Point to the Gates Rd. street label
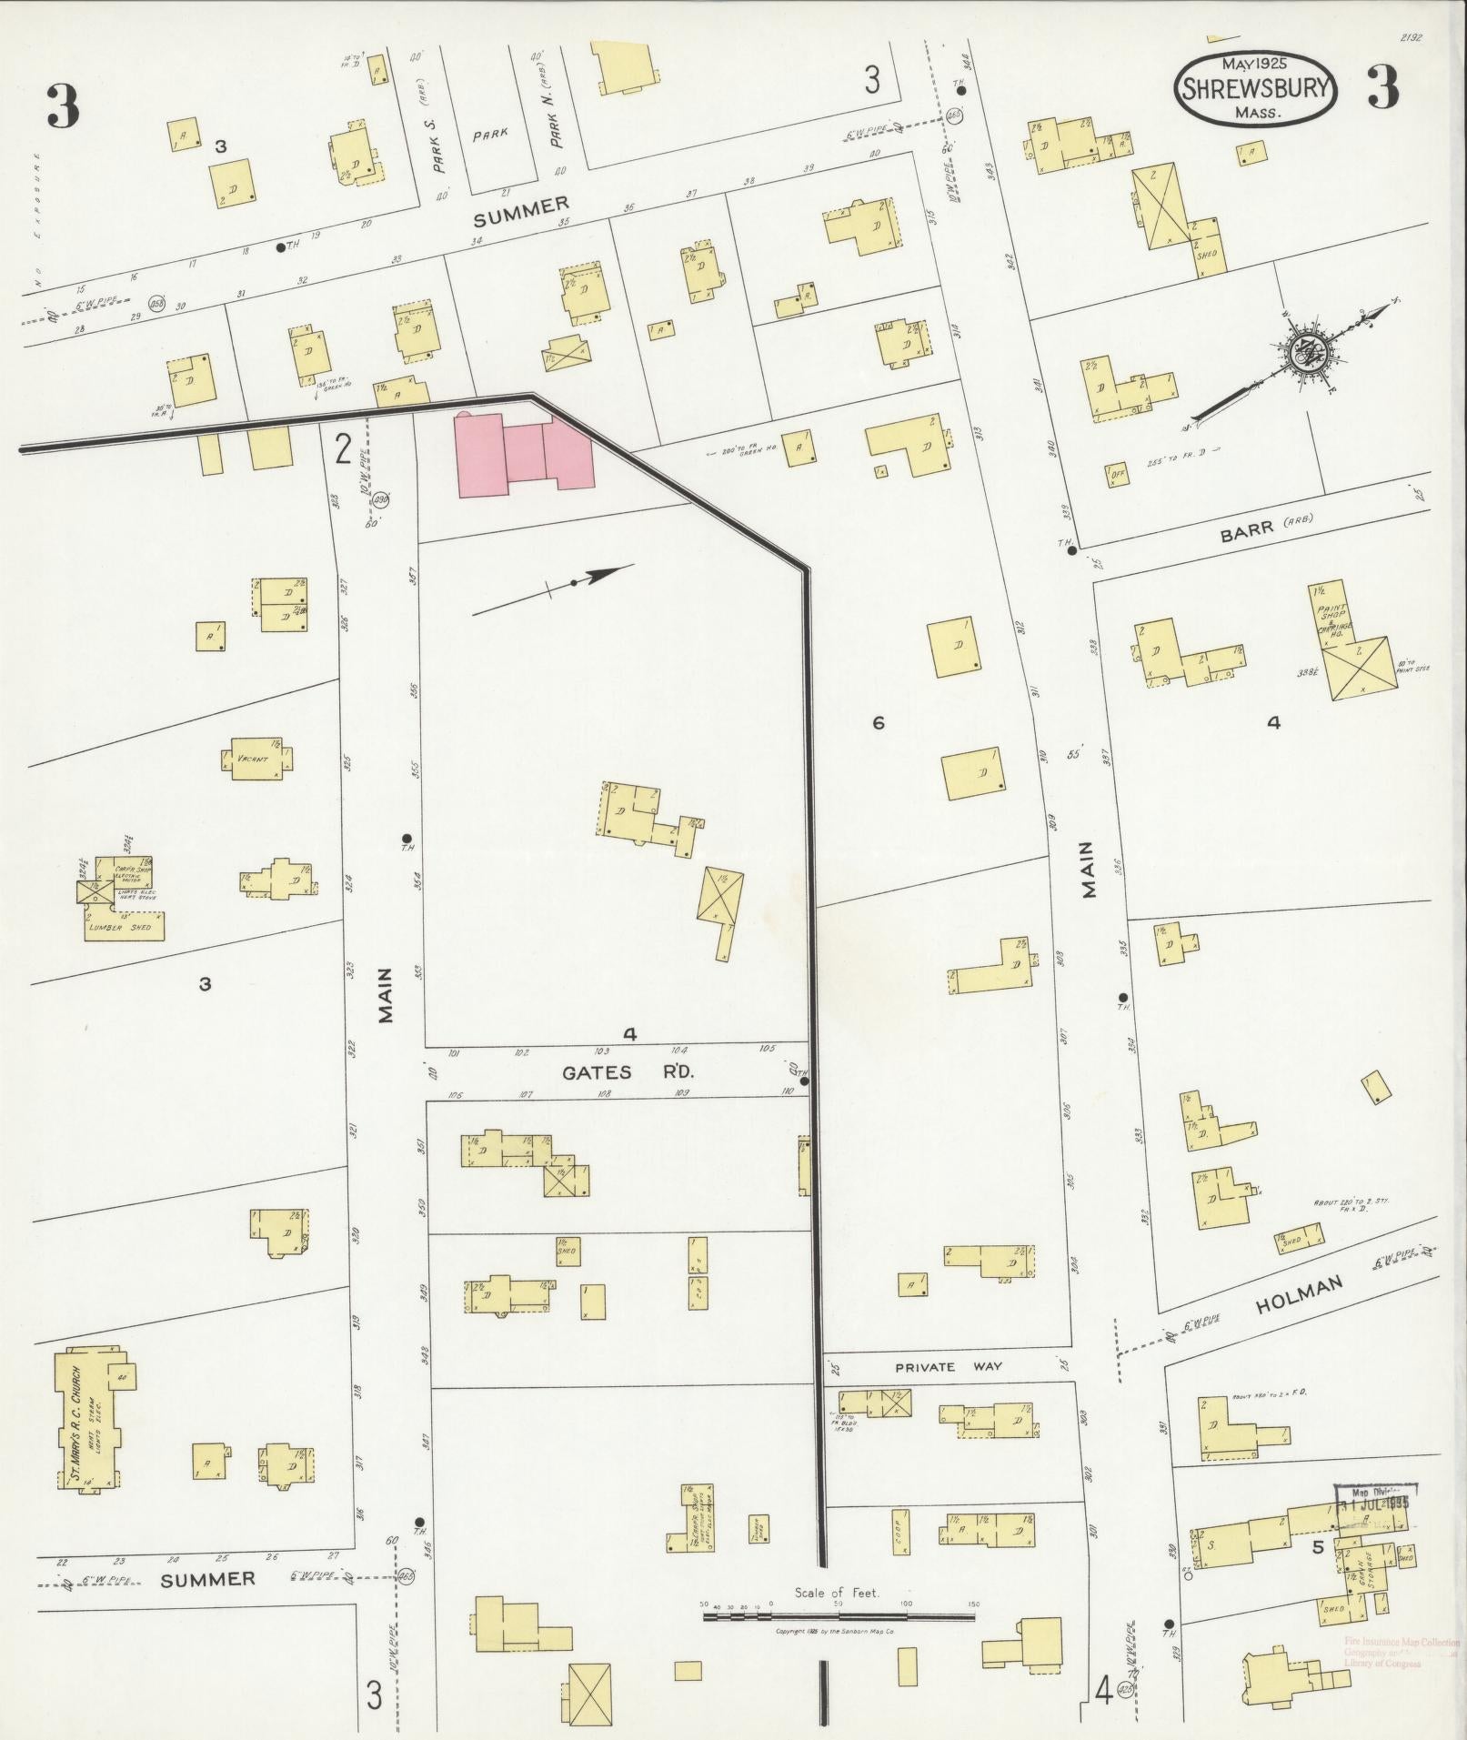pyautogui.click(x=628, y=1072)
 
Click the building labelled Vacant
pyautogui.click(x=257, y=759)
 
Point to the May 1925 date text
pyautogui.click(x=1258, y=64)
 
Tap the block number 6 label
pyautogui.click(x=878, y=723)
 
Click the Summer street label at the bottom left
pyautogui.click(x=207, y=1580)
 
